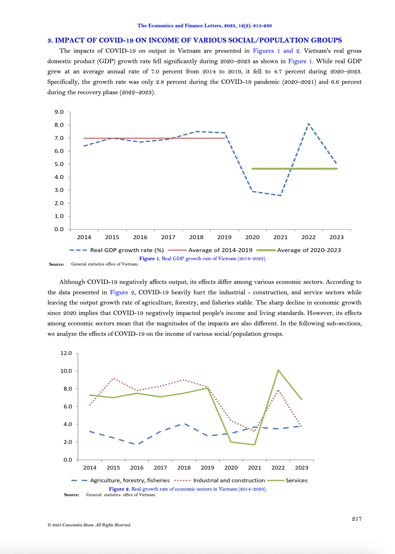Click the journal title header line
click(204, 26)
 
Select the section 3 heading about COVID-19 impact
click(195, 40)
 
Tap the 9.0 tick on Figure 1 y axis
click(59, 112)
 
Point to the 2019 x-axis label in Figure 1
click(224, 237)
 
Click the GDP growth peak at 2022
click(309, 124)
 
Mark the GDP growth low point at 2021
click(281, 195)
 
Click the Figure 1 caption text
click(203, 259)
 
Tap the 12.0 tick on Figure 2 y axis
click(66, 353)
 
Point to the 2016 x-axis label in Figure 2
click(137, 468)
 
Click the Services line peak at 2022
click(278, 370)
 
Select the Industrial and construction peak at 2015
click(114, 378)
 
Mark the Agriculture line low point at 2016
click(137, 444)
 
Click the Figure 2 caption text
click(188, 489)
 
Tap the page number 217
click(357, 519)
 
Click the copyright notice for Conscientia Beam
click(89, 525)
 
